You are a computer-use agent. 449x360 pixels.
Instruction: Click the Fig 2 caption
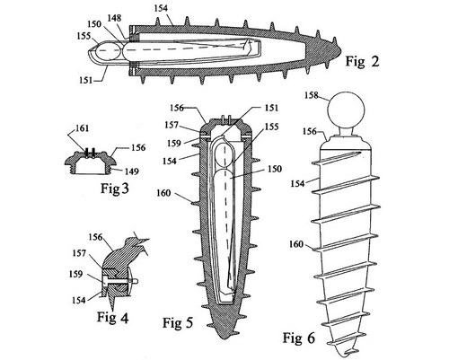coord(363,61)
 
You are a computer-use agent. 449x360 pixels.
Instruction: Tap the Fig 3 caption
coord(114,189)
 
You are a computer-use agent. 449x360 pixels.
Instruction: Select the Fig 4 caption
coord(112,317)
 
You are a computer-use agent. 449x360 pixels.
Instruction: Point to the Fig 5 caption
coord(178,323)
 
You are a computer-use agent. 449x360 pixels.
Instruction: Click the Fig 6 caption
coord(299,338)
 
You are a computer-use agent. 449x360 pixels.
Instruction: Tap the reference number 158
coord(313,95)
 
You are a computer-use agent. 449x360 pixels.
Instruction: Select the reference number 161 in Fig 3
coord(81,128)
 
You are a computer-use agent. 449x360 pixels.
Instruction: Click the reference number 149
coord(131,171)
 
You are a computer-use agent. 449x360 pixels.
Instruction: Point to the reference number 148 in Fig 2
coord(115,18)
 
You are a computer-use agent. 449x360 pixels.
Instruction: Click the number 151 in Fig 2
coord(87,80)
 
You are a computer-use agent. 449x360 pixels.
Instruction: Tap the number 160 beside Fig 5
coord(164,193)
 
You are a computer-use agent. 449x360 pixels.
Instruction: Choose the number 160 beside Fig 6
coord(296,244)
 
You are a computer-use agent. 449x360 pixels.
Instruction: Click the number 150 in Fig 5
coord(274,169)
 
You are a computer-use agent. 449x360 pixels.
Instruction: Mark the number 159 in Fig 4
coord(76,274)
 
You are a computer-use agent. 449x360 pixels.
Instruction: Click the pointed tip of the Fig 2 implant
coord(341,51)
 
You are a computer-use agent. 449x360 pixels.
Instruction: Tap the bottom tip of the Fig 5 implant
coord(226,339)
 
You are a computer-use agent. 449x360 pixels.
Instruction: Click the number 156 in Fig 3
coord(137,147)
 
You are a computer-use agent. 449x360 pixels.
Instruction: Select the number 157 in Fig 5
coord(172,125)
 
